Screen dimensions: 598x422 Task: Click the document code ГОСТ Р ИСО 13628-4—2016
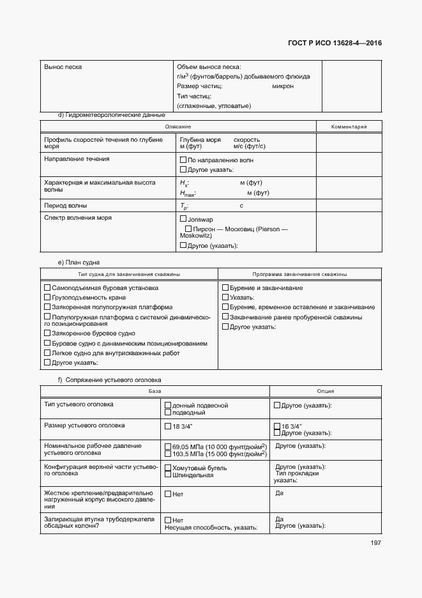coord(338,43)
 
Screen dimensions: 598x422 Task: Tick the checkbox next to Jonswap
coord(183,218)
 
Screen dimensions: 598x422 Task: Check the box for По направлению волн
coord(183,159)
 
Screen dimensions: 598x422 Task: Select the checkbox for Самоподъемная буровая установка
coord(47,287)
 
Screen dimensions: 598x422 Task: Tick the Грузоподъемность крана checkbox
coord(47,297)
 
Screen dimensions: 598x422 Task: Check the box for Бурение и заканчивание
coord(225,287)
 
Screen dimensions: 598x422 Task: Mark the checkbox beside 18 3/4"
coord(168,425)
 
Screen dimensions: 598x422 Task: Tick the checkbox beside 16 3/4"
coord(276,425)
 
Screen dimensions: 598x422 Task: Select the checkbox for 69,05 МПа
coord(168,446)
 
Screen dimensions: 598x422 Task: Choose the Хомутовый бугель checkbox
coord(168,468)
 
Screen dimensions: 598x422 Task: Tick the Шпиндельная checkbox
coord(168,475)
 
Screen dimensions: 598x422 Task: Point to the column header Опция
coord(326,391)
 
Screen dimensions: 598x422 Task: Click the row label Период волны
coord(66,206)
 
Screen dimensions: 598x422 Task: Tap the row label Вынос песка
coord(63,66)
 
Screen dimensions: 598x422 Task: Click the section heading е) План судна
coord(79,262)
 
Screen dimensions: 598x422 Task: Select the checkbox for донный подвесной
coord(168,405)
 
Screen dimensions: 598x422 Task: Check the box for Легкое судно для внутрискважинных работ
coord(47,353)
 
